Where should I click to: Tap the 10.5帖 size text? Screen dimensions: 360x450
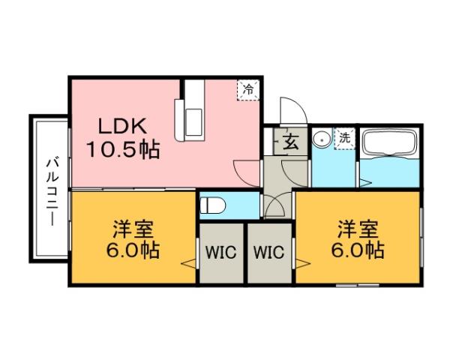[x=121, y=149]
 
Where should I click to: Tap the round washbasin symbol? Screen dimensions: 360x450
[x=322, y=138]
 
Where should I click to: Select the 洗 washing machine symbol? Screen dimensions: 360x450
[x=344, y=137]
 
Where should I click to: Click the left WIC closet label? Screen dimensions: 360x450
[x=223, y=252]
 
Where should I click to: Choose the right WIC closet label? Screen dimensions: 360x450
[x=268, y=252]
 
